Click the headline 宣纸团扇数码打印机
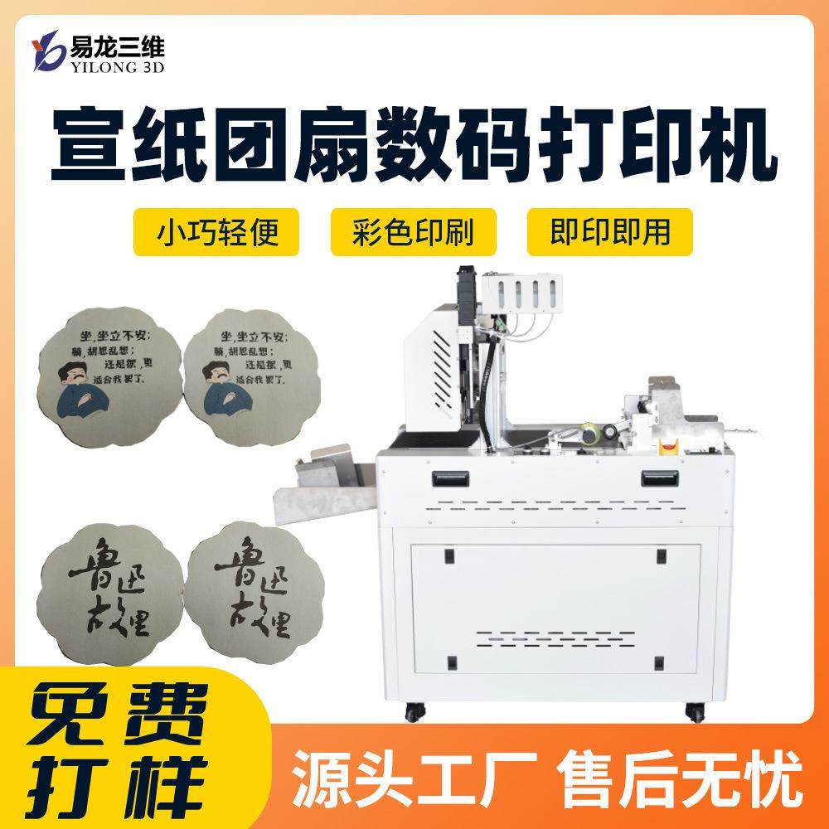tap(414, 143)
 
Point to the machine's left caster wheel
tap(412, 711)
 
